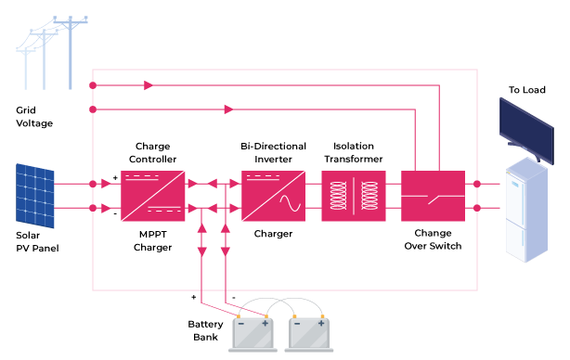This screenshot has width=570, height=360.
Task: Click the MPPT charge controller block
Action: tap(152, 195)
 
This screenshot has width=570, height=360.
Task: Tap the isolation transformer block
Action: tap(353, 195)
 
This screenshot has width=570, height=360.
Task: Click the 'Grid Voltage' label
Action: tap(34, 116)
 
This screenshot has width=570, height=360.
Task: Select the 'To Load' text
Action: tap(526, 90)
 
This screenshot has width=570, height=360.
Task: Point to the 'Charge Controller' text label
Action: tap(152, 152)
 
